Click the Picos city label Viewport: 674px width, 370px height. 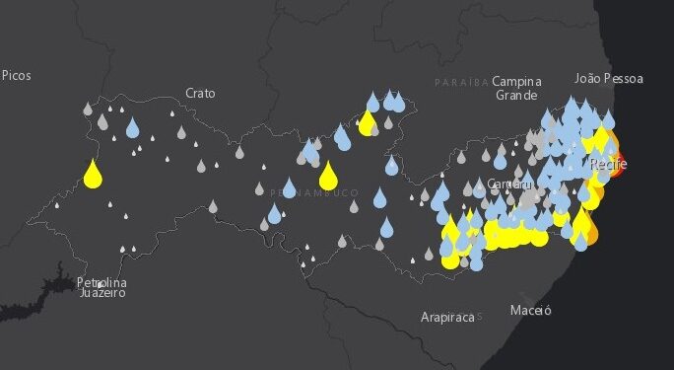click(17, 75)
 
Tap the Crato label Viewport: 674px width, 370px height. click(200, 93)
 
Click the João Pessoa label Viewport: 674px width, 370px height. click(609, 78)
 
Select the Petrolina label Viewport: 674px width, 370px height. click(101, 283)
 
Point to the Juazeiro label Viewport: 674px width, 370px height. click(101, 293)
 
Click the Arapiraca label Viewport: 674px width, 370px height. click(446, 317)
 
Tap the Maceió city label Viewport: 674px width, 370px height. click(531, 311)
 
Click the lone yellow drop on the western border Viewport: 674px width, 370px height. click(94, 175)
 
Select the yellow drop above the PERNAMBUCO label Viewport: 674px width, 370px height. click(328, 176)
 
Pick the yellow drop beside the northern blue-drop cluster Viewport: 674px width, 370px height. click(368, 123)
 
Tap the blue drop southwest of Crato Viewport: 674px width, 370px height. click(133, 128)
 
